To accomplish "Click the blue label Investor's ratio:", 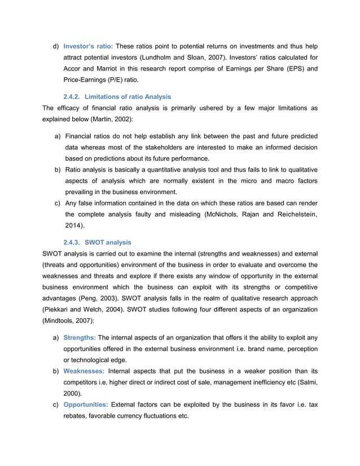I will click(x=87, y=46).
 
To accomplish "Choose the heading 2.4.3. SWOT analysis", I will click(x=97, y=242).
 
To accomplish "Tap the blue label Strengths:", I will click(x=80, y=337).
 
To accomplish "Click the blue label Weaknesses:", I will click(x=84, y=371).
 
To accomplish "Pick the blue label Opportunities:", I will click(x=86, y=405).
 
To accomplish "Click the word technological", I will click(x=92, y=360).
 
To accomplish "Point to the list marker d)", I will click(x=56, y=46).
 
